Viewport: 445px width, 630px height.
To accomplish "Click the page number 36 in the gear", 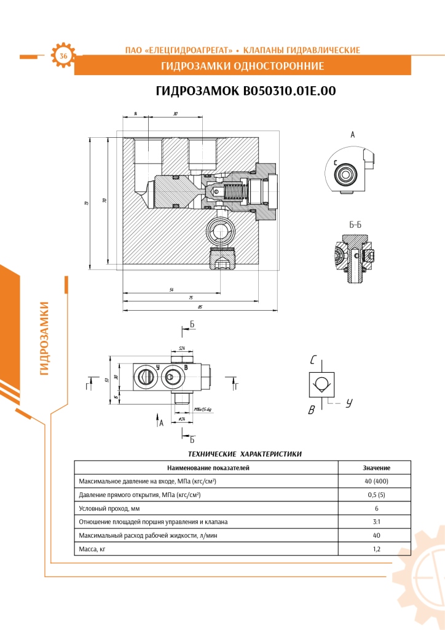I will click(x=63, y=56).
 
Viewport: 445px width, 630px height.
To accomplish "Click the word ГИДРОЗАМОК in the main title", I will click(x=198, y=91).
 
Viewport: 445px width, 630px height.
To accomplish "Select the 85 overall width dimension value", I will click(x=200, y=306).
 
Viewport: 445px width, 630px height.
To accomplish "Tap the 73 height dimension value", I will click(x=87, y=203).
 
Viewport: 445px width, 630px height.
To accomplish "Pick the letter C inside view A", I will click(x=336, y=162).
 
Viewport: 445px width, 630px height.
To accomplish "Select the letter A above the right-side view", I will click(x=353, y=134).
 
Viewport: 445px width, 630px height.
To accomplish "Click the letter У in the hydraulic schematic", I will click(x=349, y=404).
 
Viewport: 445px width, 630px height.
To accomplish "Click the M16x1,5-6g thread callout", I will click(x=202, y=409).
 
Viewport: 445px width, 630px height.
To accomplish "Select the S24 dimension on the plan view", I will click(x=182, y=348).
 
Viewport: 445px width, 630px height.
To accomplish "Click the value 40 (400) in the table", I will click(x=376, y=480).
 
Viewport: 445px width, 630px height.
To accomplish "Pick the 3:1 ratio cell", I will click(x=376, y=522).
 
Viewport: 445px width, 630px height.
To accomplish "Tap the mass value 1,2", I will click(x=376, y=549).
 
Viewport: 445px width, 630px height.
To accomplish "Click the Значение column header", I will click(x=376, y=468).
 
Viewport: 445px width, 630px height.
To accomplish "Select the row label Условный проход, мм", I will click(x=105, y=508).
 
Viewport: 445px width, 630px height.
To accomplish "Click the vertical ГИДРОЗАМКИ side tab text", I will click(x=44, y=338).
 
